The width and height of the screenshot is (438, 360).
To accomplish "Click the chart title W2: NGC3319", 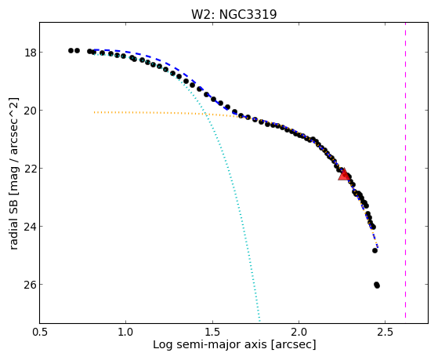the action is (233, 15).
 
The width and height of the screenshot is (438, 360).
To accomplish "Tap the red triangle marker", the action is (343, 174).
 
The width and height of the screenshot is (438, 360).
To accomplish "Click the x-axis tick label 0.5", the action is (40, 332).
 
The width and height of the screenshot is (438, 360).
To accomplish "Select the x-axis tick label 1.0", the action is (126, 332).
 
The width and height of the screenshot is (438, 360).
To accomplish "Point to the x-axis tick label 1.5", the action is (212, 332).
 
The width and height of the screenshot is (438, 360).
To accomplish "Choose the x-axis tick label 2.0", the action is (299, 332).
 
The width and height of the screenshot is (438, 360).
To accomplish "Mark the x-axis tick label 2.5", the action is (386, 332).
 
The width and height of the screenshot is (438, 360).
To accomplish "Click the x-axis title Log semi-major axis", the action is (209, 345).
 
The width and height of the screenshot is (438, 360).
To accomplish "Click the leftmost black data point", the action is (71, 51).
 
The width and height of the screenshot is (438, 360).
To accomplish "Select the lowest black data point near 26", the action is (377, 285).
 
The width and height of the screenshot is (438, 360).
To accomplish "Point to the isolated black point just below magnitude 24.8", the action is (375, 250).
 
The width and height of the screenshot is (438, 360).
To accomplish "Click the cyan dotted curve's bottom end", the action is (260, 322).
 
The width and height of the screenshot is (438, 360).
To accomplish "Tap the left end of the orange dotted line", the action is (95, 112).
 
